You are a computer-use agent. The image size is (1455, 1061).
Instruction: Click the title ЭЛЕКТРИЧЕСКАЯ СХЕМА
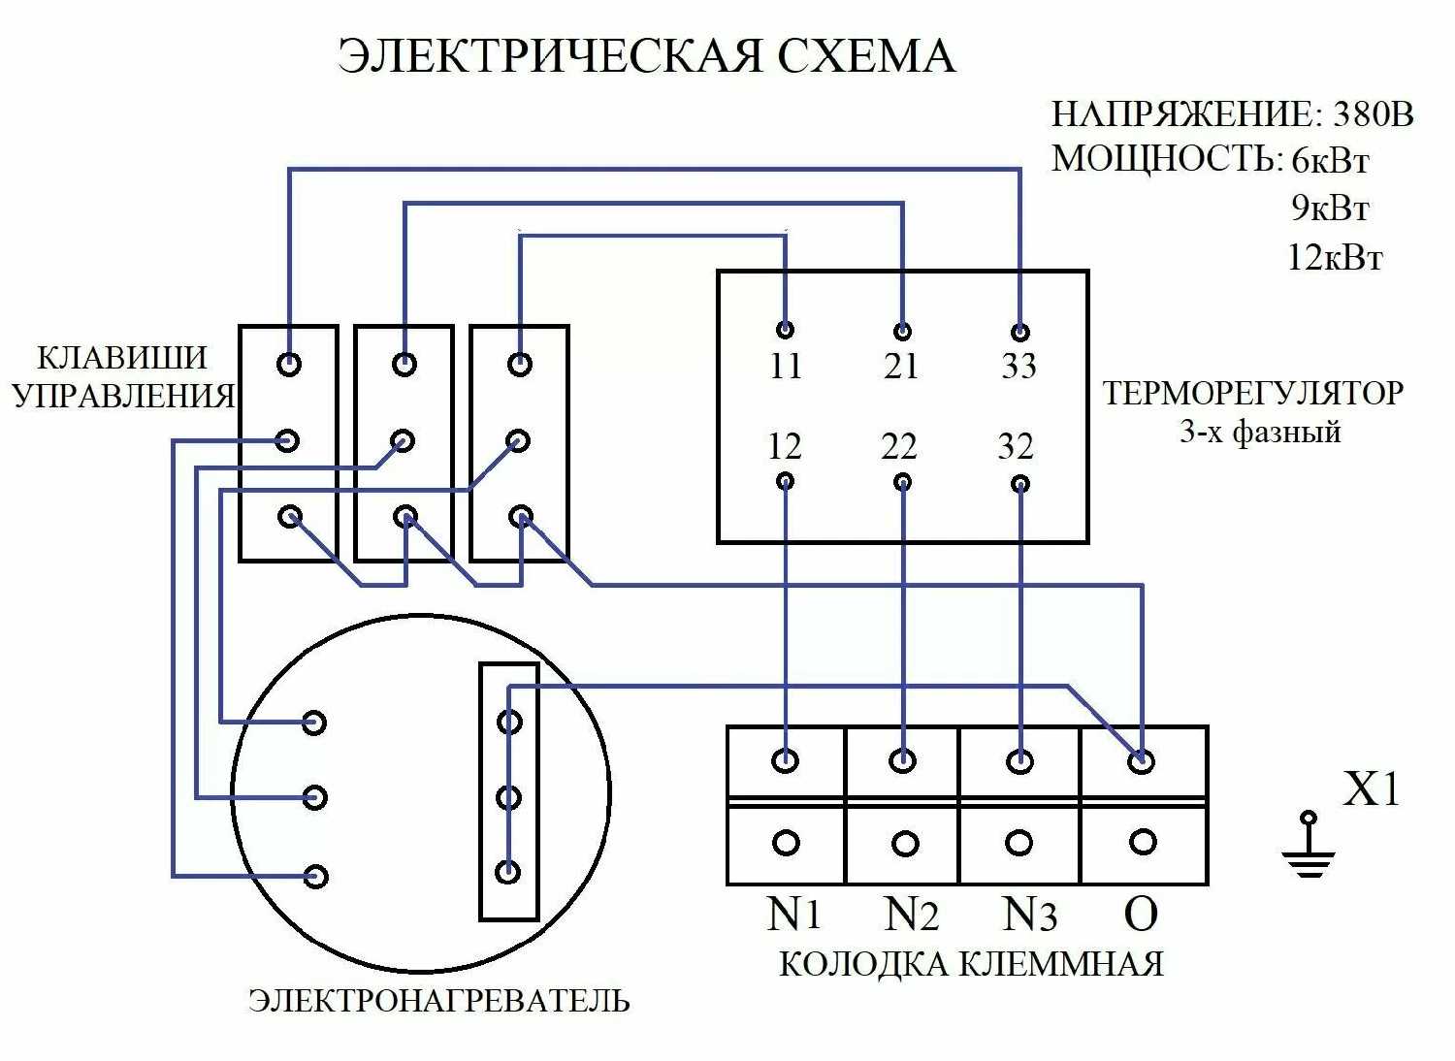point(647,56)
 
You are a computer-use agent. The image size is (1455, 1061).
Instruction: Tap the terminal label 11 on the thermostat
point(786,367)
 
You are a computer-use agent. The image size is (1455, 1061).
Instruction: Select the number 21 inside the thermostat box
point(901,367)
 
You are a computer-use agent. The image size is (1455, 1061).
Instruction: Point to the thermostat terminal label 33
point(1018,367)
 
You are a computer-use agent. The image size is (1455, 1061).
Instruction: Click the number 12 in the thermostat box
point(785,447)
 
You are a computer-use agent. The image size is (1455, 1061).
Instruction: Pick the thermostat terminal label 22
point(900,447)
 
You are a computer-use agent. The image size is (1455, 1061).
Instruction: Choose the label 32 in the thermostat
point(1016,447)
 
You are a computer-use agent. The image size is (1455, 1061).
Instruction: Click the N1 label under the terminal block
point(794,914)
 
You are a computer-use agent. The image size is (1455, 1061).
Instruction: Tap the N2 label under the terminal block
point(912,914)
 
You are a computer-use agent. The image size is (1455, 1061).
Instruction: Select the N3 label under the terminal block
point(1029,914)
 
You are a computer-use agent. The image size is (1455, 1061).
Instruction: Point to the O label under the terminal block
point(1141,913)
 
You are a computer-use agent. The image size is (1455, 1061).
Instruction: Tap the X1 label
point(1372,791)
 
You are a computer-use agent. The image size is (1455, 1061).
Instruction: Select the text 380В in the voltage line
point(1374,115)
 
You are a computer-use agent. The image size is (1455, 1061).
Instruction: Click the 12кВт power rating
point(1335,258)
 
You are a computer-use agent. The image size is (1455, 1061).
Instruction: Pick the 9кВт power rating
point(1331,208)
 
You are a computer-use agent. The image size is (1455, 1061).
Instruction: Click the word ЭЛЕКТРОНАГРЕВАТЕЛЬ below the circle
point(439,1000)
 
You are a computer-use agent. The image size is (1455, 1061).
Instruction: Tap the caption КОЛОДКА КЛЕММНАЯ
point(971,965)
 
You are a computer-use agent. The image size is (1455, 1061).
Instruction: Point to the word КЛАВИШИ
point(122,358)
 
